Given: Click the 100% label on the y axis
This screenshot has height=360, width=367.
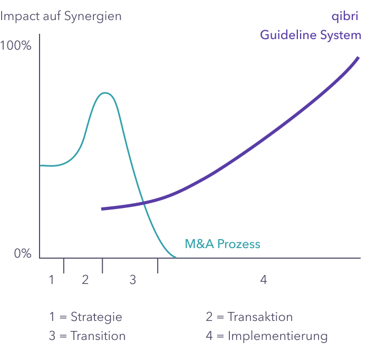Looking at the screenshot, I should [16, 46].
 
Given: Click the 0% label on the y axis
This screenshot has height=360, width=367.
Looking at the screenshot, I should [23, 254].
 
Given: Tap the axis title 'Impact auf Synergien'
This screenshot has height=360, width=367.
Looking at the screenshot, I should [61, 16].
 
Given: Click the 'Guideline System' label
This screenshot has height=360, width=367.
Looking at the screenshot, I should [311, 35].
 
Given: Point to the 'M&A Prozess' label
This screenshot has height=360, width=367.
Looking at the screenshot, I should [223, 244].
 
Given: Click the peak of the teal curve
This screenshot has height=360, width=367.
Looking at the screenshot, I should [105, 93].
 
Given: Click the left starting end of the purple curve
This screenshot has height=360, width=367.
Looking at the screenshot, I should [102, 209].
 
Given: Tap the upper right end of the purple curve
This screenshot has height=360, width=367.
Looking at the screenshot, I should [357, 57].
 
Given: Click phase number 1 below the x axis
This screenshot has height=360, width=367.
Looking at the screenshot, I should [52, 280].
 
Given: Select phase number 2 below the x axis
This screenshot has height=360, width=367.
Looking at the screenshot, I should [85, 280].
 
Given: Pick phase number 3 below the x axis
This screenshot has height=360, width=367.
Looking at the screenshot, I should [133, 280].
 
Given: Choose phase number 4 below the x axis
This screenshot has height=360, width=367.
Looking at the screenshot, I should [264, 280].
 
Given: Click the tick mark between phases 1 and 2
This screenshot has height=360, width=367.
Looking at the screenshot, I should [64, 266].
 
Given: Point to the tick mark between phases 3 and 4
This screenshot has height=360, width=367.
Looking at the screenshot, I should [158, 266].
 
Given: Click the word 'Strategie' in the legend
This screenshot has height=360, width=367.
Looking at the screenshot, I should [96, 317].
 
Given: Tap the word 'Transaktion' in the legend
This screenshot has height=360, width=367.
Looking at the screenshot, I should [260, 317].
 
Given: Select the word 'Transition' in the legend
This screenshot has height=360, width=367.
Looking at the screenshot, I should [98, 336].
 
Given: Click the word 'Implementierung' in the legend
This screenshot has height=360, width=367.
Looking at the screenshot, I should [277, 336].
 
